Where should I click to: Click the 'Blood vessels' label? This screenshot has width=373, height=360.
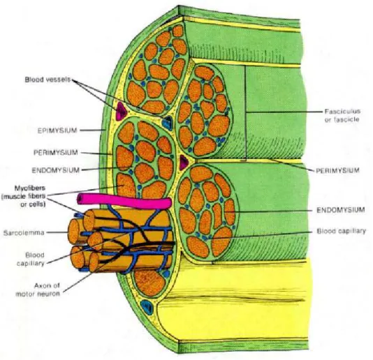(47, 80)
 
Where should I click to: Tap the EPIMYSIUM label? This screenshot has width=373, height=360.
(57, 130)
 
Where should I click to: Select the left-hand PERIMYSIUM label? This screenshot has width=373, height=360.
(56, 152)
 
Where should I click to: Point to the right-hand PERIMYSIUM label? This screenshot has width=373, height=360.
(337, 170)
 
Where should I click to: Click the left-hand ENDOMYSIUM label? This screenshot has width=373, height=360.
(56, 170)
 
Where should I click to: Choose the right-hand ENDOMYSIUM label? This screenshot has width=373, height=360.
(341, 210)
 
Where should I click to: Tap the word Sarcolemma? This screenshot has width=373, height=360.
(24, 232)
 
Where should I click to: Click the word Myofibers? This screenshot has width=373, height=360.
(30, 188)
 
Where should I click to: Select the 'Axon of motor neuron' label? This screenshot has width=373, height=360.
(38, 290)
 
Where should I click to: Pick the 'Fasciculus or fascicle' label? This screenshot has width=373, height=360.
(342, 115)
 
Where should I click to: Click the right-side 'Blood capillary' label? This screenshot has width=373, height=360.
(341, 231)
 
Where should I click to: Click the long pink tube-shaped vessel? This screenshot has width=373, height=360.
(124, 200)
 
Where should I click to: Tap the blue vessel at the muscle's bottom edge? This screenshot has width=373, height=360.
(147, 306)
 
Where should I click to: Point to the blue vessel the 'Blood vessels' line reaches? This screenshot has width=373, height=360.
(168, 123)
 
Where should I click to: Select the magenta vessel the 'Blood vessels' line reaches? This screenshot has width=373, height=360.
(122, 111)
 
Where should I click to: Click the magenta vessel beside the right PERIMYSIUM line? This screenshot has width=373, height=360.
(184, 162)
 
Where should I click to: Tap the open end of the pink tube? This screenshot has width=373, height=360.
(80, 199)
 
